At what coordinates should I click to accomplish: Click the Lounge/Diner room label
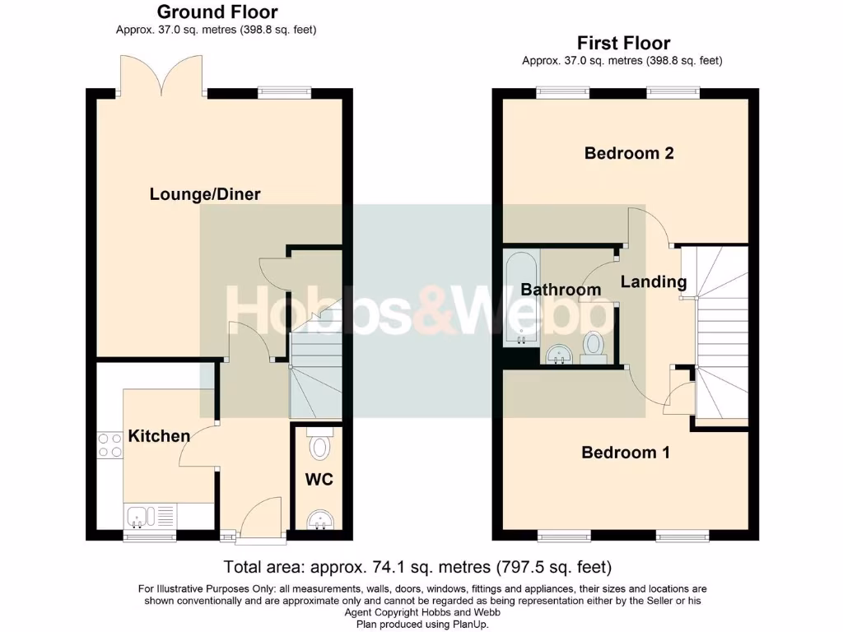click(205, 195)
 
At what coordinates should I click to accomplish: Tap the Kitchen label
click(159, 436)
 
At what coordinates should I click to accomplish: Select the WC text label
click(319, 479)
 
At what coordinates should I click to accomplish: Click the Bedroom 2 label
click(629, 153)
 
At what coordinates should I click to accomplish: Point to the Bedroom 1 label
click(625, 453)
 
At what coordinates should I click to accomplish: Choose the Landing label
click(653, 282)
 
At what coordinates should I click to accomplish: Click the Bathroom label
click(561, 290)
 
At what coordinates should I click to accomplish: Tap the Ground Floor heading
click(217, 12)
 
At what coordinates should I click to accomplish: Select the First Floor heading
click(623, 43)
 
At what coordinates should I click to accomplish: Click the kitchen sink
click(139, 517)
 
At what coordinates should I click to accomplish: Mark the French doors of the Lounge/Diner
click(161, 76)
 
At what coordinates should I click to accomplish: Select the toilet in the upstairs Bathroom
click(593, 346)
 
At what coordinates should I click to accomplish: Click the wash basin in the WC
click(319, 520)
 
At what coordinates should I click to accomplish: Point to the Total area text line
click(418, 567)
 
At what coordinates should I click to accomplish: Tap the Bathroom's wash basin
click(559, 355)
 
